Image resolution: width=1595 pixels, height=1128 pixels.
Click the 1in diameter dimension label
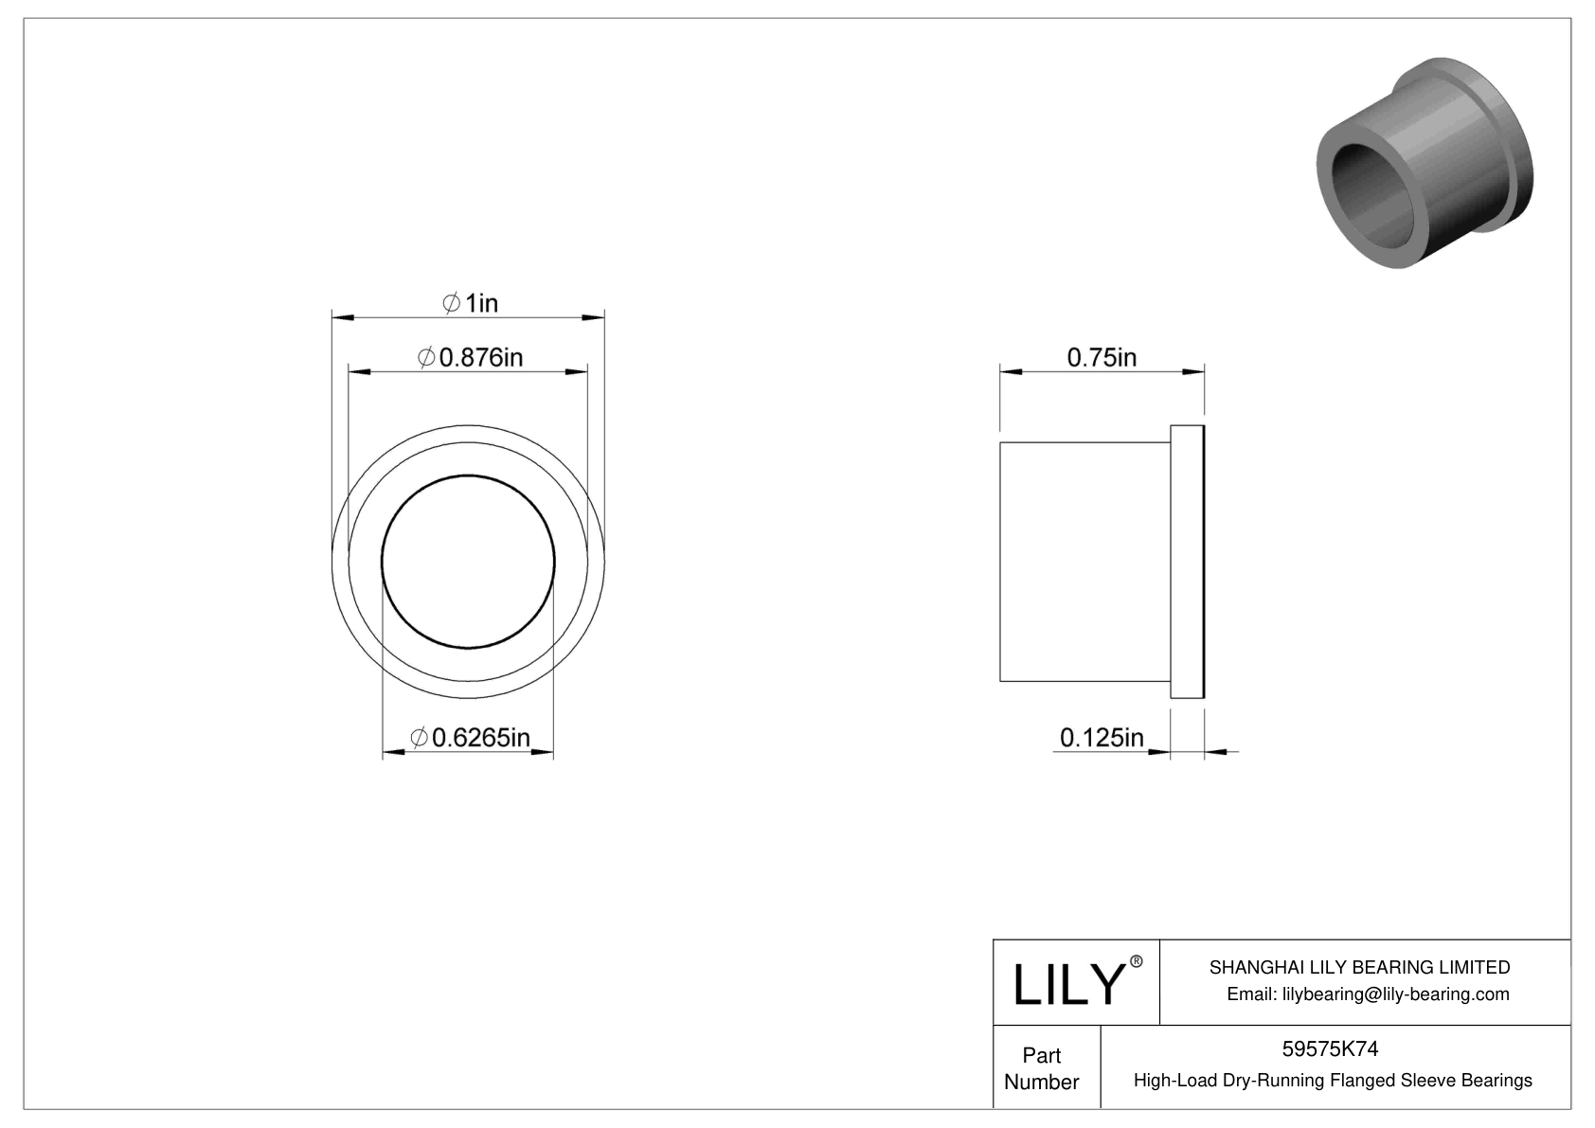471,303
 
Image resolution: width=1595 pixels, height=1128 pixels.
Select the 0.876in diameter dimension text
471,357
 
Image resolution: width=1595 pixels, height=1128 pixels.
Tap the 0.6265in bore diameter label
470,737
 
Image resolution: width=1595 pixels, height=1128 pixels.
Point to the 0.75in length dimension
1102,357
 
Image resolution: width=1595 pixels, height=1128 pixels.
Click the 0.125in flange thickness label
1102,737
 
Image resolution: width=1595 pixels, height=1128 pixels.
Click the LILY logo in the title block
1066,984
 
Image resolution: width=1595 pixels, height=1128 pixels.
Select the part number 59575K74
1330,1048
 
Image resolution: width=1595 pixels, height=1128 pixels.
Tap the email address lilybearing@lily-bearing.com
1368,994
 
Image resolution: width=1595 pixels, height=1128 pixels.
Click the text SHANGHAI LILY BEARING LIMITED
1359,967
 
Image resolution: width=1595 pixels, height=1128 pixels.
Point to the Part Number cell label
1041,1068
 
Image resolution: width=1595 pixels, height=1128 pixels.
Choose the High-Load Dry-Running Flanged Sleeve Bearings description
1333,1080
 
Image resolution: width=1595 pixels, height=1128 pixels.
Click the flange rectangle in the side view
1187,562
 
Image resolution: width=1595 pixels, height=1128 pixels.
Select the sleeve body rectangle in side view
1084,562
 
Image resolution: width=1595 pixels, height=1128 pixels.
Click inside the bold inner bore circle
468,562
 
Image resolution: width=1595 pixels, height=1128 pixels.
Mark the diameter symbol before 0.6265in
419,737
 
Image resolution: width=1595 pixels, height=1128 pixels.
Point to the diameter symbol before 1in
452,303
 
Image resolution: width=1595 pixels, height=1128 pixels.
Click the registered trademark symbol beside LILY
1137,962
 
